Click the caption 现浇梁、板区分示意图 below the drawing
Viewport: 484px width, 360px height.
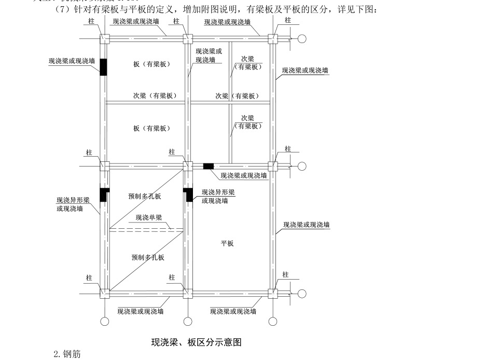[197, 342]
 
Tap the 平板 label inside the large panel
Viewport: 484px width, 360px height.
[227, 243]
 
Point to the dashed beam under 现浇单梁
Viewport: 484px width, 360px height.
[146, 229]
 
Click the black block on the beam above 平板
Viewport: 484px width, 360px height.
[208, 166]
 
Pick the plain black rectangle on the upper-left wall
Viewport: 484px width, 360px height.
[104, 67]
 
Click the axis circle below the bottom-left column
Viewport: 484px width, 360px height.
[104, 321]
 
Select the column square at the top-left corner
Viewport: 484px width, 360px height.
[104, 39]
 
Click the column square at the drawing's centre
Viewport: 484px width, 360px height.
[188, 166]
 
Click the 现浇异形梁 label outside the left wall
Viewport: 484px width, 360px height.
[73, 200]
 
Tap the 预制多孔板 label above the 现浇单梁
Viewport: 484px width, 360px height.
[145, 196]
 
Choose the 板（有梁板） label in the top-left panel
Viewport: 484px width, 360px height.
[151, 64]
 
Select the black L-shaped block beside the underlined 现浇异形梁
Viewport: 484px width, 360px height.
[188, 195]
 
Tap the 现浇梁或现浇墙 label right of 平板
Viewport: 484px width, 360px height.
[306, 225]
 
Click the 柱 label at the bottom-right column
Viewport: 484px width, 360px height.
[285, 274]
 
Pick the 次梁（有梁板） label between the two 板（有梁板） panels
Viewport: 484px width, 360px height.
[155, 96]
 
